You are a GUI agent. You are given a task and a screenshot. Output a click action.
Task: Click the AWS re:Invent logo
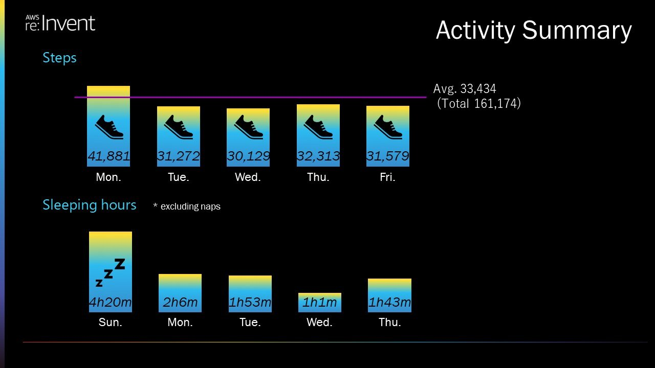click(60, 23)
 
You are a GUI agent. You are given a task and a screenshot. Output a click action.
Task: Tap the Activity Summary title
click(534, 31)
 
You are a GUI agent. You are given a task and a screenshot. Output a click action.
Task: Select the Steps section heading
click(60, 58)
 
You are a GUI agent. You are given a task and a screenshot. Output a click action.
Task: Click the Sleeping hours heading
click(90, 205)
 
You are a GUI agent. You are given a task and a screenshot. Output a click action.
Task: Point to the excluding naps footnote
click(187, 206)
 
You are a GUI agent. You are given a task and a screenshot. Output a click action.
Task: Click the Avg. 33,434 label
click(465, 88)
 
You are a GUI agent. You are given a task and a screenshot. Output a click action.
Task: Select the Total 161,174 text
click(478, 104)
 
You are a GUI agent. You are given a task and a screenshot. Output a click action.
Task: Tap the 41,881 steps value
click(109, 156)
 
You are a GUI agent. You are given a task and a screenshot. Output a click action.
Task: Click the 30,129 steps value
click(248, 156)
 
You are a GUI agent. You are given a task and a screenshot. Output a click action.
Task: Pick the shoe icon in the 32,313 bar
click(318, 127)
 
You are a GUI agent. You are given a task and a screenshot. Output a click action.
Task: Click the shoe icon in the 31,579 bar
click(388, 127)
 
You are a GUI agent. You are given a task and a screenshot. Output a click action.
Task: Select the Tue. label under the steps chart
click(179, 177)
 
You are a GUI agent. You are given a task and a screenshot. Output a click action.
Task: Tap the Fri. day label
click(388, 177)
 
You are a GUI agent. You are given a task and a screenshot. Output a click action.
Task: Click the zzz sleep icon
click(111, 272)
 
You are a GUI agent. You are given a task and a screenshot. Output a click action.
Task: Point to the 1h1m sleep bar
click(320, 302)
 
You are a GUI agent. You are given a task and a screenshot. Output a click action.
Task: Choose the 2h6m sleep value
click(180, 302)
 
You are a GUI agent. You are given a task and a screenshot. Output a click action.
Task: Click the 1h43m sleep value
click(389, 302)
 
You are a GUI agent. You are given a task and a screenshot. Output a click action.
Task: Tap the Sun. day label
click(110, 322)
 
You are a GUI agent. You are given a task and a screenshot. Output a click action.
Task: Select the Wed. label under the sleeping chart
click(319, 322)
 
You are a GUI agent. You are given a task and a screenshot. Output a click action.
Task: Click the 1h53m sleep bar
click(250, 294)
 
